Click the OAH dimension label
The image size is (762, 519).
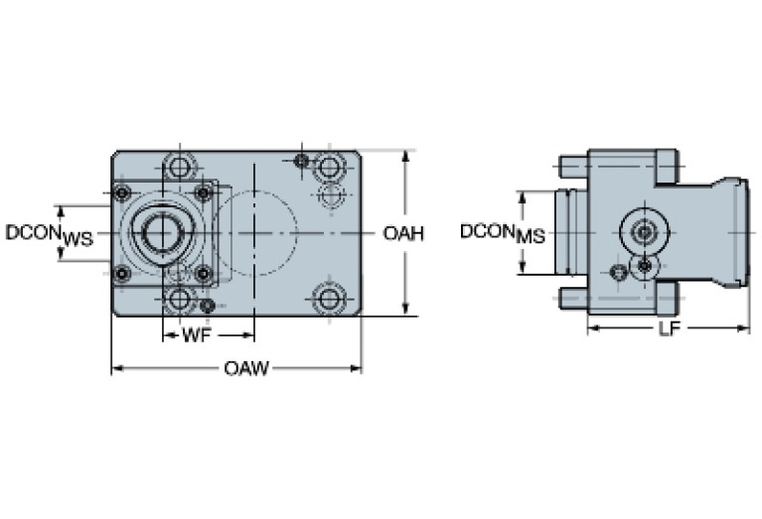pos(403,234)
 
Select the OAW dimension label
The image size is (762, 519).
pos(245,369)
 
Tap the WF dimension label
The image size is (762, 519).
pos(195,336)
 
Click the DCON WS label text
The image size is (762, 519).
pos(49,234)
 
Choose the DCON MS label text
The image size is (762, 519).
pos(502,234)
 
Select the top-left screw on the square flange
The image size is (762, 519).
pos(122,193)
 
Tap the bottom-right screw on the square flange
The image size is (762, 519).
pos(203,274)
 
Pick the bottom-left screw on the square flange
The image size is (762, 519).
pos(122,274)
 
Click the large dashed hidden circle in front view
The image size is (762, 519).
pos(254,234)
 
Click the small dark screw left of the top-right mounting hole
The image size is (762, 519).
pos(302,161)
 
